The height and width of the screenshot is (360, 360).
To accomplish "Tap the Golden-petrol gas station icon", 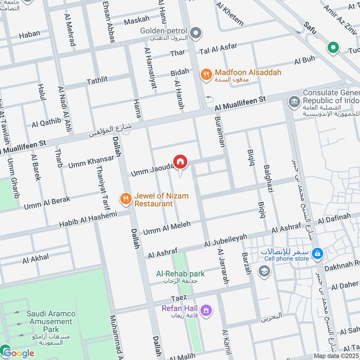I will click(196, 32).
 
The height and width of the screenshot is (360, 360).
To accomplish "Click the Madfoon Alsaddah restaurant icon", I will click(206, 75).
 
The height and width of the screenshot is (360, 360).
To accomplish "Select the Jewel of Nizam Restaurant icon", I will click(126, 198).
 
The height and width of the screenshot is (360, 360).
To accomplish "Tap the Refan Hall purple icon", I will click(207, 310).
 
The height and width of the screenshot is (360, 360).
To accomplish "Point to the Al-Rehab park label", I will click(180, 274).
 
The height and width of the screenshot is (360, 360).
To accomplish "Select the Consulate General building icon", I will click(294, 101).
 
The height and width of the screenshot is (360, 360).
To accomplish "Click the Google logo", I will click(18, 353).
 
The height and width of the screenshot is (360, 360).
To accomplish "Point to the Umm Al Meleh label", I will click(166, 228).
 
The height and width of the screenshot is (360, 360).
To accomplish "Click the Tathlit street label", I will click(97, 80).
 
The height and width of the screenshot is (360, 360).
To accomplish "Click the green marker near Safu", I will click(333, 47).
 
